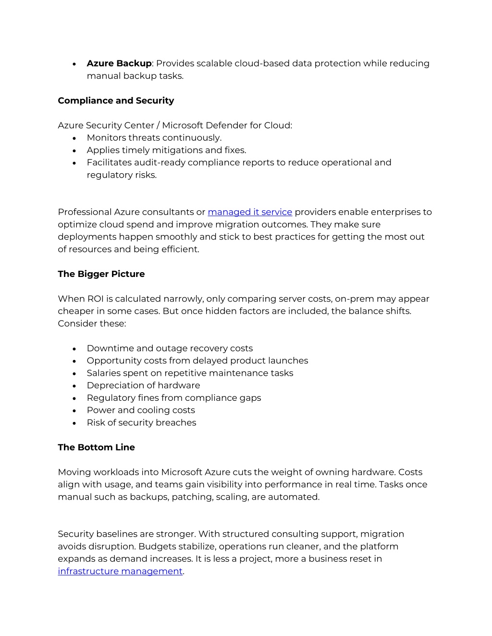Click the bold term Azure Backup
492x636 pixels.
point(119,63)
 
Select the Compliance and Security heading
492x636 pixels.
point(116,100)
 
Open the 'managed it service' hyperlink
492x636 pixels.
point(249,212)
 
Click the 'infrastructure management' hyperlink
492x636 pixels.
point(120,571)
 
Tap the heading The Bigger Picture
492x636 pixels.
point(101,274)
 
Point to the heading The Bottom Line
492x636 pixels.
point(96,447)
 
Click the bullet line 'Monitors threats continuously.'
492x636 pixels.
point(154,138)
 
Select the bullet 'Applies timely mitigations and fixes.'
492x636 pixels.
point(166,150)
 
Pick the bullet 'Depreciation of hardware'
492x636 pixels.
point(143,385)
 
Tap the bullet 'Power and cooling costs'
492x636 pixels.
point(141,410)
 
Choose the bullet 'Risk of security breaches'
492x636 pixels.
point(141,422)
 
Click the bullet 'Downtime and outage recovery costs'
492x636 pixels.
point(170,348)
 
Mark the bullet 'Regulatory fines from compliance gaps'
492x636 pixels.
point(174,398)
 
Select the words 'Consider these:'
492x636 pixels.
point(92,324)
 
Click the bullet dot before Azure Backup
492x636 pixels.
point(74,64)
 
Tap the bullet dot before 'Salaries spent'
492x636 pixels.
point(74,373)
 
